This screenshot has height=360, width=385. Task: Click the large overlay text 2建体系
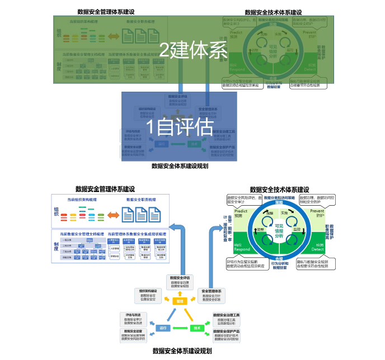193,50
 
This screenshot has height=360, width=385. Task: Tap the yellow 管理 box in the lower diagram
180,301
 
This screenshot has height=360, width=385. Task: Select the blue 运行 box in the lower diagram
163,328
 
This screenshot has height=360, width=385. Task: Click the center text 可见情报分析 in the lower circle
278,231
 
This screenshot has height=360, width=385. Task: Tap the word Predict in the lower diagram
233,211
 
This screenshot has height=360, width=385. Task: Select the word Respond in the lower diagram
234,249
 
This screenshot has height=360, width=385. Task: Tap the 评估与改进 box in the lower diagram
133,316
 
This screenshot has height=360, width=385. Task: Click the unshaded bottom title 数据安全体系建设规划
182,351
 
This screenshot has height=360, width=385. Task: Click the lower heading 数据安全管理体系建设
105,189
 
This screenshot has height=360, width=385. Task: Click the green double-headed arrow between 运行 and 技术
180,328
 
